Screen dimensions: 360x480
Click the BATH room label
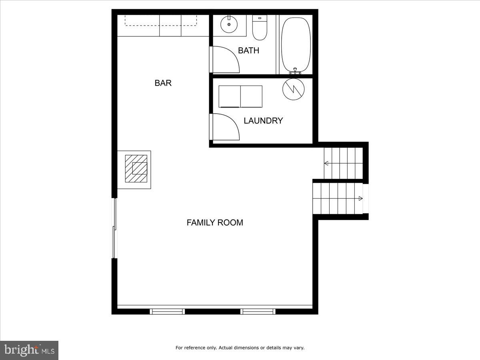248,50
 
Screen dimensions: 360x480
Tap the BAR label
163,83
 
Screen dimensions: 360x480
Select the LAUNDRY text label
263,120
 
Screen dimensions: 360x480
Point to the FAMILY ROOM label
215,223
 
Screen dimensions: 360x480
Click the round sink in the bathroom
229,25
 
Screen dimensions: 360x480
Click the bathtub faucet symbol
295,71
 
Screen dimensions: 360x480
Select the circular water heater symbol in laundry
293,89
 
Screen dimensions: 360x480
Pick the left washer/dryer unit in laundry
229,96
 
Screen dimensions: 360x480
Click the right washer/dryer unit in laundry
251,96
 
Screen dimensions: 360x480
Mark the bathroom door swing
225,60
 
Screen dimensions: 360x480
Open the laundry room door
225,127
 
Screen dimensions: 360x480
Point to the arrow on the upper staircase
326,163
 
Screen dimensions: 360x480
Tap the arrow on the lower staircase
360,198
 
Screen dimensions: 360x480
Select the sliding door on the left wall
114,228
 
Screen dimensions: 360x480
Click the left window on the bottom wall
167,311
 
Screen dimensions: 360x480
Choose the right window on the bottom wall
258,311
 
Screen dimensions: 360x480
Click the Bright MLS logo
29,350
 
